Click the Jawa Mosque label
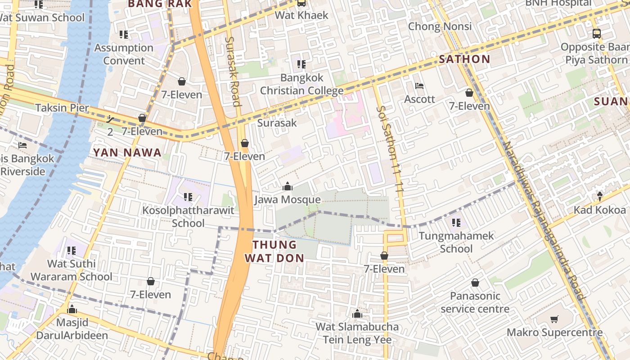tap(287, 199)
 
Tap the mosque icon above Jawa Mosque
tap(287, 186)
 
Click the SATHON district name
tap(464, 59)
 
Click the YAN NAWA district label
tap(127, 153)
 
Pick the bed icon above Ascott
tap(419, 86)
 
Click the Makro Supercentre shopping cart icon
tap(554, 319)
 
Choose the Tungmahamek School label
tap(456, 242)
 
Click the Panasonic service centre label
tap(475, 302)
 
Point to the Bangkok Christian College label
tap(301, 84)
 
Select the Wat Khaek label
tap(301, 15)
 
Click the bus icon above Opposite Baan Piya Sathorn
tap(596, 33)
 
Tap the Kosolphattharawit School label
tap(188, 216)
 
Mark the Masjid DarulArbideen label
tap(72, 329)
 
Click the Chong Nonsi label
tap(440, 26)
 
